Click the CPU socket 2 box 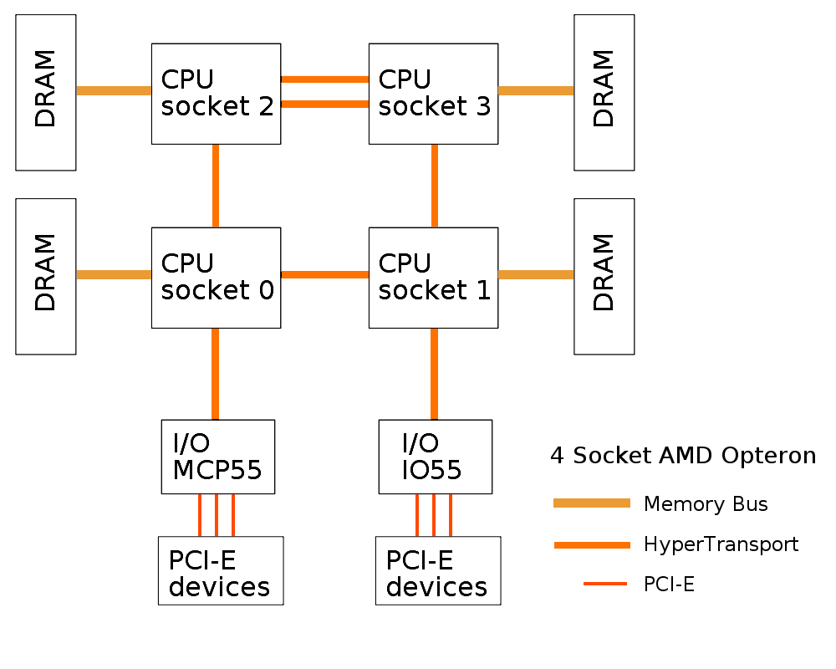216,93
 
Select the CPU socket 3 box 433,93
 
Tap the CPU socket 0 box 216,277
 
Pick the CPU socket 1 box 433,277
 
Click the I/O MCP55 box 217,457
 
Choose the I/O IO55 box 435,457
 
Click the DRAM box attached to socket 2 46,92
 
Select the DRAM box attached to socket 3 604,92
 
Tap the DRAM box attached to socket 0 46,276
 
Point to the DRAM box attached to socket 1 604,276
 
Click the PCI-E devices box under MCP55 221,570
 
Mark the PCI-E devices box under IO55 438,570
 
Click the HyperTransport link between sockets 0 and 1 324,274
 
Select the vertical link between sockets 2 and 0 216,185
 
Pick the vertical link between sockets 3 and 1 435,185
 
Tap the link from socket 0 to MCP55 216,374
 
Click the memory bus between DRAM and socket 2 114,90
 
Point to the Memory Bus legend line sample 592,503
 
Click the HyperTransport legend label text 721,545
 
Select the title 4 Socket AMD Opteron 683,456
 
